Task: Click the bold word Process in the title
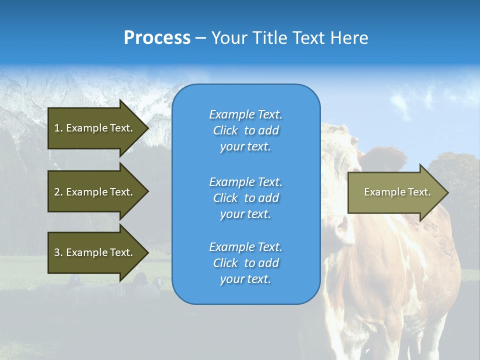click(x=157, y=38)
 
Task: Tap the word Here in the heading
click(x=349, y=38)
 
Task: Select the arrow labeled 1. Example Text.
click(x=93, y=128)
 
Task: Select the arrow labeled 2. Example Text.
click(x=93, y=192)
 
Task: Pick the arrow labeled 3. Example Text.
click(x=93, y=252)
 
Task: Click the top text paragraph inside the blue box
click(x=245, y=130)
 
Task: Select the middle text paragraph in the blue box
click(x=245, y=197)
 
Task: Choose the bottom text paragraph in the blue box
click(x=245, y=263)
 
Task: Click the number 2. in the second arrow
click(x=58, y=192)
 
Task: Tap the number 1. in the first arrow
click(x=58, y=128)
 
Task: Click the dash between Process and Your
click(x=201, y=38)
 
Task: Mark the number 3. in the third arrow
click(x=58, y=252)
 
